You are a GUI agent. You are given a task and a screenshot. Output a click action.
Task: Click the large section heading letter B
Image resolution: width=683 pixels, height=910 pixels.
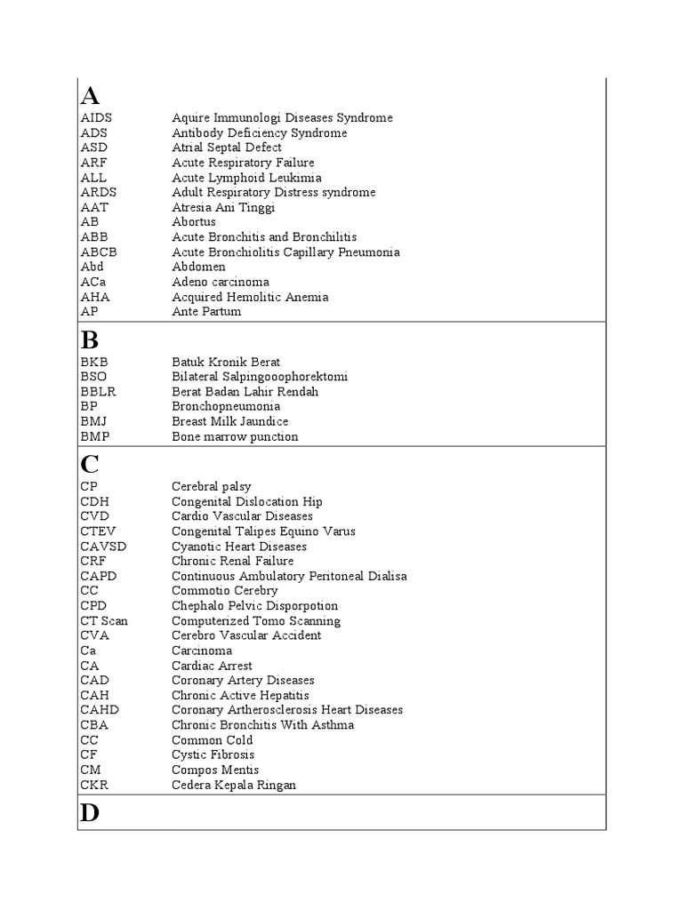(89, 339)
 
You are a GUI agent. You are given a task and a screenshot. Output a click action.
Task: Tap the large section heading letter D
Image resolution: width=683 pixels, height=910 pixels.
(90, 813)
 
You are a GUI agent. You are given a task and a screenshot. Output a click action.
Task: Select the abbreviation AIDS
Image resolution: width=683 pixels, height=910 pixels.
(96, 118)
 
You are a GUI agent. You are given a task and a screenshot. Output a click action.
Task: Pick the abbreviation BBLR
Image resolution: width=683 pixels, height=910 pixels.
(99, 392)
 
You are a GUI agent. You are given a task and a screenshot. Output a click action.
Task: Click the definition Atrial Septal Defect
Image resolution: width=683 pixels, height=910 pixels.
(227, 148)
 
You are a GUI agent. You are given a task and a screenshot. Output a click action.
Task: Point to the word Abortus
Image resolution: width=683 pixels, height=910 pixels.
(194, 222)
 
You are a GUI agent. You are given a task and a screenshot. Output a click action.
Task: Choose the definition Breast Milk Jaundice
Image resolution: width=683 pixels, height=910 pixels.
(229, 421)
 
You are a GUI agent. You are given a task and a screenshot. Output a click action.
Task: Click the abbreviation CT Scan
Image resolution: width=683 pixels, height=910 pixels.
(104, 621)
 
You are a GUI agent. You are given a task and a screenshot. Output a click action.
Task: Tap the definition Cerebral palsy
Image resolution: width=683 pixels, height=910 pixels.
(211, 487)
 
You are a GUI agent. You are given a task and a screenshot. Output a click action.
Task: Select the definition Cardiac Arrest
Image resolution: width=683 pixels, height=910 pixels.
(212, 666)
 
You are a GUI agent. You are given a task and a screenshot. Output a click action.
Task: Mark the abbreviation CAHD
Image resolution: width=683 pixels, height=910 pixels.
(99, 710)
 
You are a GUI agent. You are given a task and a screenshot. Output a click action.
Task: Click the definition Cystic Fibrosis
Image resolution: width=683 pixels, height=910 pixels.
(213, 755)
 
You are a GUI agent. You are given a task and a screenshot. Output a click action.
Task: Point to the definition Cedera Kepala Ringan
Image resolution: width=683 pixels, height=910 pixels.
(234, 785)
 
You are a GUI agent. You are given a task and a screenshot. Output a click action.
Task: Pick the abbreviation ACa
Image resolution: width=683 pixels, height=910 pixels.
(92, 282)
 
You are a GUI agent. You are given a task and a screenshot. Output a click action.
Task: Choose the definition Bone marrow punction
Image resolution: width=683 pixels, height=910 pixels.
(235, 436)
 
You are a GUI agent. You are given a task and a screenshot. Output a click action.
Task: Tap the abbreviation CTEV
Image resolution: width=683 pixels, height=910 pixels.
(98, 531)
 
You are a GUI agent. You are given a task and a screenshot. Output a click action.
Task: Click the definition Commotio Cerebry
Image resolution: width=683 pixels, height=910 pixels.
(224, 591)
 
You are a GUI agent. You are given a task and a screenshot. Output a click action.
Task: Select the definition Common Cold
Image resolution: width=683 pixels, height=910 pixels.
(212, 740)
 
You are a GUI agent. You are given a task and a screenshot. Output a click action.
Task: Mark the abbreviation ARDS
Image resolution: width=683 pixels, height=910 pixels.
(98, 192)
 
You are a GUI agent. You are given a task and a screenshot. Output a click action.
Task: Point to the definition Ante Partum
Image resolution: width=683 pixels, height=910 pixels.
(206, 312)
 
